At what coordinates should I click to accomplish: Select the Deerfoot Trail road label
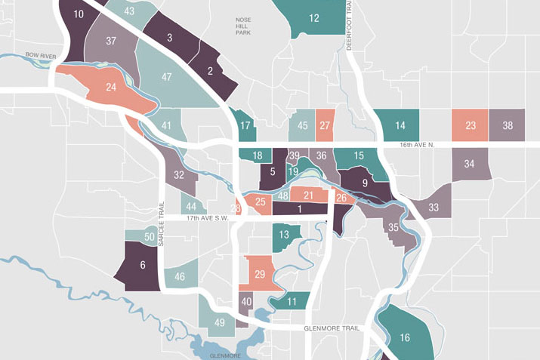(350, 27)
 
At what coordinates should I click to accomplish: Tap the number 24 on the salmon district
(111, 88)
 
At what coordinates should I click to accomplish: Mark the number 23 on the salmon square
(470, 126)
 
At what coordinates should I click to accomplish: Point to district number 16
(405, 337)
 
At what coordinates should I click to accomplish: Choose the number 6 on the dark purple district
(142, 265)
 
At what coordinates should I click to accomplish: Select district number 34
(470, 164)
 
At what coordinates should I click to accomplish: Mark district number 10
(79, 14)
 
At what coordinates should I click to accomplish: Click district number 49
(220, 324)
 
